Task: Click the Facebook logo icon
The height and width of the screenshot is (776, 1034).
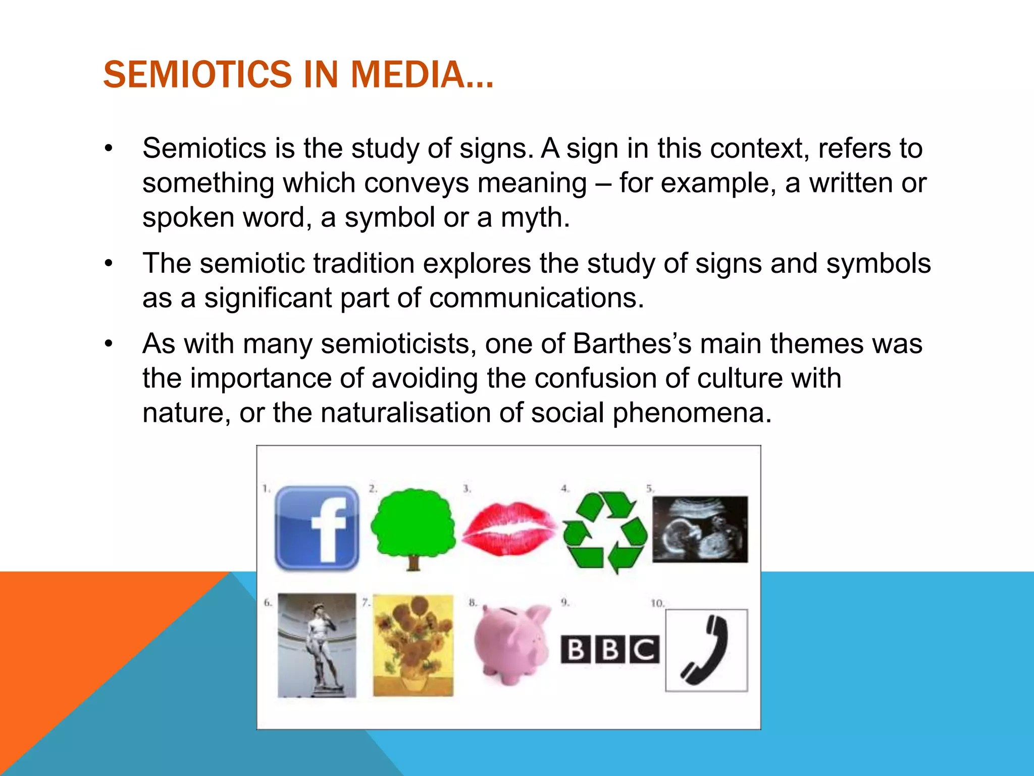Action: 317,528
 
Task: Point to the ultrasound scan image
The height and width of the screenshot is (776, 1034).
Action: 700,529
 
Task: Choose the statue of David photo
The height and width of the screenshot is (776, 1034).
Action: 317,645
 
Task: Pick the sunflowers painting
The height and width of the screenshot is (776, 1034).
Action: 413,645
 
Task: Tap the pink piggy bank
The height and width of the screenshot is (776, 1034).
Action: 511,644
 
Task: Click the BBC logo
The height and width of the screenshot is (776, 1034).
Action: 610,649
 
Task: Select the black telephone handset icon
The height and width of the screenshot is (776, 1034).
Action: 706,650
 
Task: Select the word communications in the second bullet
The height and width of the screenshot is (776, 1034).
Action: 536,298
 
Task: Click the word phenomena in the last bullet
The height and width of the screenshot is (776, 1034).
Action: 692,413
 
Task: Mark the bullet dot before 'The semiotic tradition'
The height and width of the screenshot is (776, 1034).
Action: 109,264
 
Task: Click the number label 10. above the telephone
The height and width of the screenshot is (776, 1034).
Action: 657,603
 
